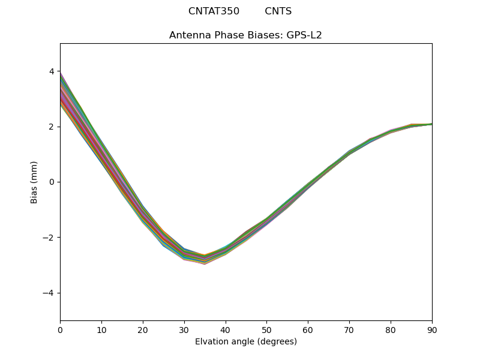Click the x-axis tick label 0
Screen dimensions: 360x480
tap(60, 329)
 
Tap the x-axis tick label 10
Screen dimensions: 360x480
tap(101, 329)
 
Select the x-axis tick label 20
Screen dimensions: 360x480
tap(143, 329)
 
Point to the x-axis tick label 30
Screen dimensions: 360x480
tap(184, 329)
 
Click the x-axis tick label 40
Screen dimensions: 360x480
tap(226, 329)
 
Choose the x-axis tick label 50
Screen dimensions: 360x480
tap(266, 329)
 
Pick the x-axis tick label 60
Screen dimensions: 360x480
tap(308, 329)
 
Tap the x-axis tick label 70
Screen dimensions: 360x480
tap(349, 329)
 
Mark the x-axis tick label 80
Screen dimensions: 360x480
tap(391, 329)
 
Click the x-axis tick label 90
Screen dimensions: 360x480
tap(432, 329)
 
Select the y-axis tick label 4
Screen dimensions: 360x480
tap(52, 71)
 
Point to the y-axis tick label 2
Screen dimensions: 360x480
tap(52, 127)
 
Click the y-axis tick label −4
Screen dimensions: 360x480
tap(49, 293)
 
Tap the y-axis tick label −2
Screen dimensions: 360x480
tap(49, 238)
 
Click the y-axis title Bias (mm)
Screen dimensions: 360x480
tap(35, 182)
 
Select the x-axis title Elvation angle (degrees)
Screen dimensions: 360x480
tap(246, 342)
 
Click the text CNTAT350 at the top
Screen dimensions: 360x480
tap(214, 11)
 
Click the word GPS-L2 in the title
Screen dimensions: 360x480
tap(304, 35)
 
